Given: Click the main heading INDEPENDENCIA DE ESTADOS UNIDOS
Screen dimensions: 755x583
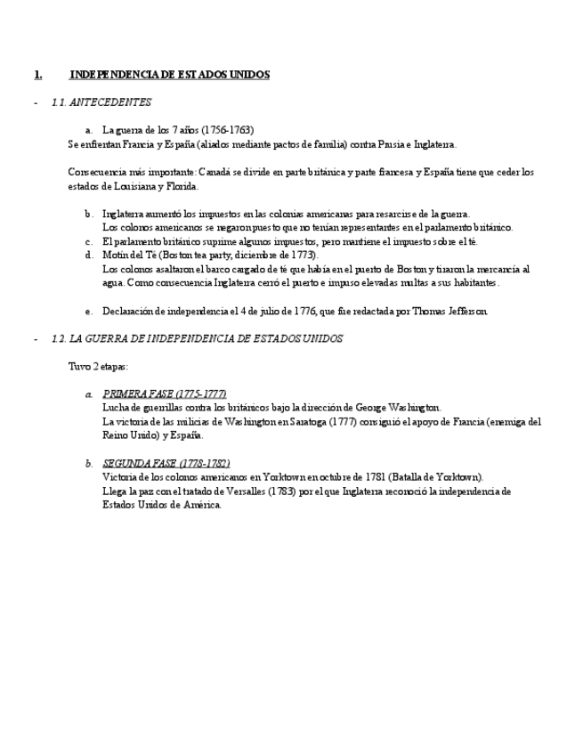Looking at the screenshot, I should [169, 75].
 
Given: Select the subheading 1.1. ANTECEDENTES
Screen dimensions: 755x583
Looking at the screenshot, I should [101, 102].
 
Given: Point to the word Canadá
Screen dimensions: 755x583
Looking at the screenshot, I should [223, 172].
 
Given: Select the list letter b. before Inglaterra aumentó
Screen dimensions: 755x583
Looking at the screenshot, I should [89, 214].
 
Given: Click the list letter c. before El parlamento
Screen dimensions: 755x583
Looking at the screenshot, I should [89, 241].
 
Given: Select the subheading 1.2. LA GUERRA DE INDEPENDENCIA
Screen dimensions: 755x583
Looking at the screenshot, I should [197, 339].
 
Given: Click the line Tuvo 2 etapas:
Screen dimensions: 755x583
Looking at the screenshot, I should [98, 366].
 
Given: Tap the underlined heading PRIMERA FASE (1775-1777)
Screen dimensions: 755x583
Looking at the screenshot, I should [165, 394].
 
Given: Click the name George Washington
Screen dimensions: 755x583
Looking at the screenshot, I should [400, 408].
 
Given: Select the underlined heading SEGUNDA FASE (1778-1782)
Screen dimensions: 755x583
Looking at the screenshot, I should [166, 464].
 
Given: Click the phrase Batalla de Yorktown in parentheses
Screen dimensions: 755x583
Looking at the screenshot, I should [436, 477].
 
